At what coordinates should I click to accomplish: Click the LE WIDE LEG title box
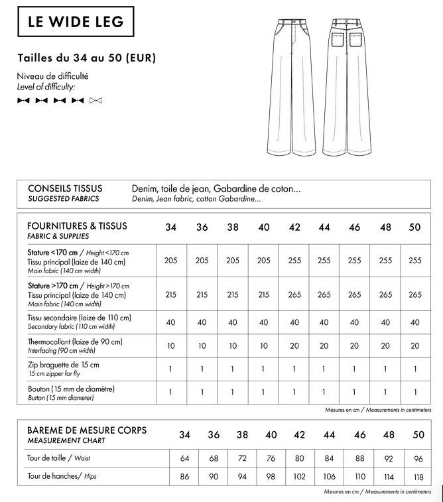click(76, 21)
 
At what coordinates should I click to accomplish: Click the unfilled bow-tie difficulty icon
click(95, 101)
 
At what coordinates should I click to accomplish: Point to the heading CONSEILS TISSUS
click(65, 188)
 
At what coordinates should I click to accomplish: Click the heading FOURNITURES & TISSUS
click(77, 225)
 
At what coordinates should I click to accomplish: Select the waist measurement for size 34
click(184, 458)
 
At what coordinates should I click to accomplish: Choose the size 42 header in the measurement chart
click(299, 435)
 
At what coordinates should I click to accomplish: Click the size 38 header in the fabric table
click(233, 227)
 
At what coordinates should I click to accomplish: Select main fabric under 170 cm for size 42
click(294, 261)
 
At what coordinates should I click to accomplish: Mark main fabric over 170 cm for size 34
click(170, 294)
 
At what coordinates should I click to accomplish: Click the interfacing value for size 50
click(415, 345)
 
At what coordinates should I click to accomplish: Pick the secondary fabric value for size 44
click(324, 322)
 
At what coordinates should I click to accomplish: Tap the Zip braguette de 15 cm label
click(64, 365)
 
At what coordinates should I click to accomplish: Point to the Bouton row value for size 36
click(202, 392)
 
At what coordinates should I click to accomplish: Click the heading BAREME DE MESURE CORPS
click(87, 430)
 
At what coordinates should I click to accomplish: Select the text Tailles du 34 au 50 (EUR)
click(87, 58)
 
